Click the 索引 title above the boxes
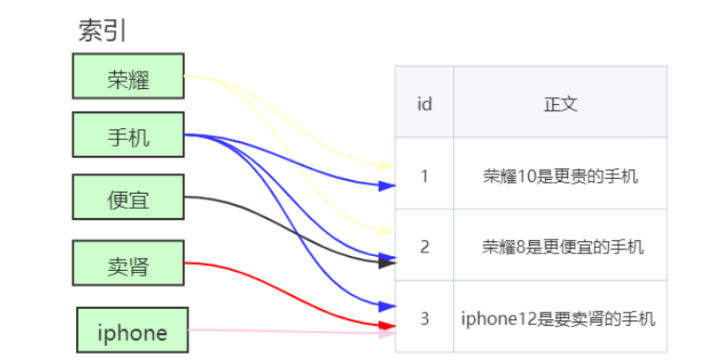click(102, 31)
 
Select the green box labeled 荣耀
click(128, 76)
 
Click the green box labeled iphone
click(132, 330)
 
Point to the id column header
click(424, 103)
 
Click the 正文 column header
click(560, 103)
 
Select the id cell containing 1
click(424, 174)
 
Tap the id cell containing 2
click(424, 246)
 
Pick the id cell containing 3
click(424, 318)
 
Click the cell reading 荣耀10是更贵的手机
click(560, 174)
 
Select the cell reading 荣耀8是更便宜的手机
click(560, 246)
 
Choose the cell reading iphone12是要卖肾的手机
click(560, 318)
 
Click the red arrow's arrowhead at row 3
click(388, 325)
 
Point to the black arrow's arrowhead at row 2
click(388, 263)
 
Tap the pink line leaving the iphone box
click(278, 331)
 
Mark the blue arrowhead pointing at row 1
click(388, 186)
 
